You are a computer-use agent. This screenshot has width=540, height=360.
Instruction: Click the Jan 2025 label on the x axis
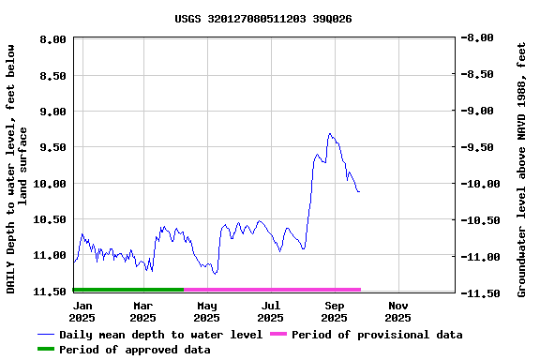pyautogui.click(x=82, y=311)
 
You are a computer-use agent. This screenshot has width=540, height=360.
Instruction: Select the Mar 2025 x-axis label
pyautogui.click(x=142, y=311)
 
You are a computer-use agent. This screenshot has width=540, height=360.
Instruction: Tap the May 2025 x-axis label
pyautogui.click(x=207, y=311)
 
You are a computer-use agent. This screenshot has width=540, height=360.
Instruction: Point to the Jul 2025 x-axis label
pyautogui.click(x=271, y=311)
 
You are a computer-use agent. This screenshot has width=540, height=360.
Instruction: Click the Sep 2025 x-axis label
pyautogui.click(x=335, y=311)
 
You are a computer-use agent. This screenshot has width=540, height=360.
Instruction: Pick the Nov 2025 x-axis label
pyautogui.click(x=398, y=311)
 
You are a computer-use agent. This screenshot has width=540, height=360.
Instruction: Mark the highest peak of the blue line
pyautogui.click(x=329, y=133)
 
